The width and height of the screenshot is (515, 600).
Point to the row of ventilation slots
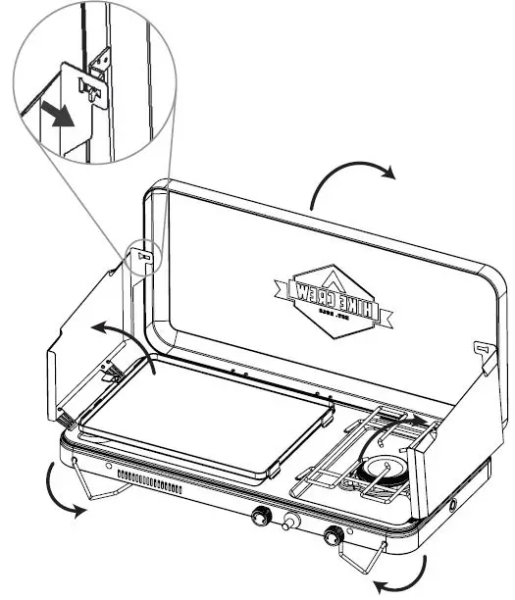[152, 481]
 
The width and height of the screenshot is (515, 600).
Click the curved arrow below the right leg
[424, 575]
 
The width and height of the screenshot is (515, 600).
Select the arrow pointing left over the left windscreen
[113, 331]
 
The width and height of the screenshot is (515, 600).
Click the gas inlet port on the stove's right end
[452, 505]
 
